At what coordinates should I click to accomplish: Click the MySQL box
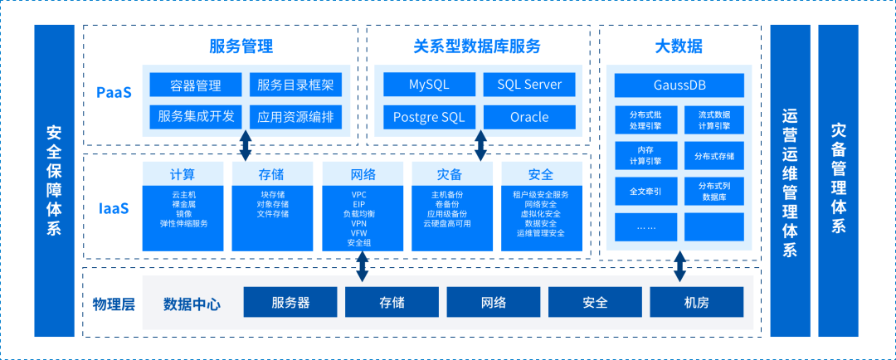coord(429,85)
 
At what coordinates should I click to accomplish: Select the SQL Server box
coord(529,85)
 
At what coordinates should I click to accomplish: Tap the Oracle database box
coord(529,117)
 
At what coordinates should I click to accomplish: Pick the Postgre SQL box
coord(429,117)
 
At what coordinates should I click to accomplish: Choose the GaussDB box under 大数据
coord(679,85)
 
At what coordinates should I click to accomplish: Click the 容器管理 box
coord(196,85)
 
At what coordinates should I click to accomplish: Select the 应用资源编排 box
coord(295,117)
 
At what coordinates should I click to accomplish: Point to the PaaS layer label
coord(114,92)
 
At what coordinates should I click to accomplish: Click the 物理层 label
coord(113,303)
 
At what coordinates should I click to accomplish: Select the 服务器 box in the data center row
coord(290,303)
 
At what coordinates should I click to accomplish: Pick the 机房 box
coord(697,303)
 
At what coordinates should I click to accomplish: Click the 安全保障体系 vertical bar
coord(54,180)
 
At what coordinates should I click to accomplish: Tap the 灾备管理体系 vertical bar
coord(838,180)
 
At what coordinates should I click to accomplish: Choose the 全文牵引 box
coord(645,191)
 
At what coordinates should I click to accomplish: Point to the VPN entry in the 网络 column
coord(359,224)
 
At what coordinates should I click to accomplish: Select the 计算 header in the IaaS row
coord(183,174)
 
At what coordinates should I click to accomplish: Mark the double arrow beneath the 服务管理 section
coord(246,144)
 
